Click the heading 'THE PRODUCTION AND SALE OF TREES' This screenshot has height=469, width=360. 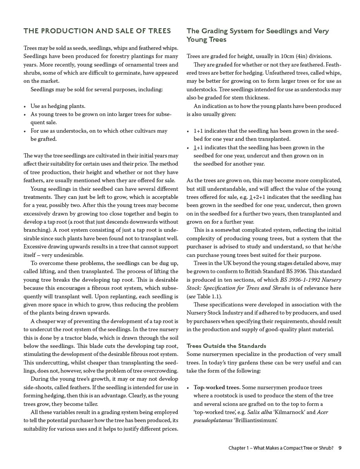coord(97,31)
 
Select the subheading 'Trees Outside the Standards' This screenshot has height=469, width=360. coord(226,346)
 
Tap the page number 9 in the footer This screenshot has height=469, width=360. coord(340,448)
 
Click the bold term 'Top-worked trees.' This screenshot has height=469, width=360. coord(217,387)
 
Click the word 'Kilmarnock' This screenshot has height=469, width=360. coord(289,412)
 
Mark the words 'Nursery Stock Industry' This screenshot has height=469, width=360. coord(215,313)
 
